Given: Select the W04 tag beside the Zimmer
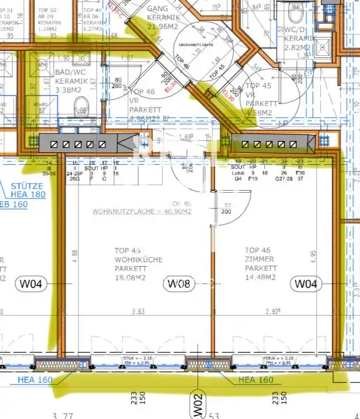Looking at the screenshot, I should coord(306,284).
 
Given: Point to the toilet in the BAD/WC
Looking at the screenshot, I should coord(81,107).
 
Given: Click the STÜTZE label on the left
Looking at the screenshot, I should coord(26,186).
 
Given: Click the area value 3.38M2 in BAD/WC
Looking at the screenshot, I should coord(69,89).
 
